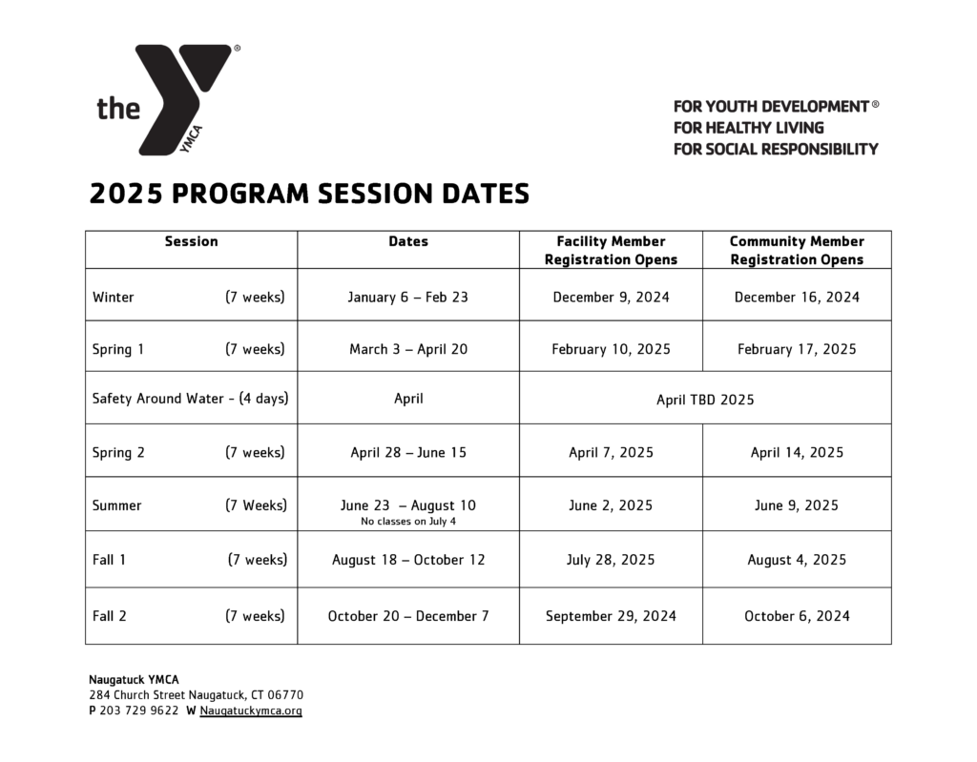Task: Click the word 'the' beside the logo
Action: (118, 108)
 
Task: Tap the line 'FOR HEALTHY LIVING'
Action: (748, 128)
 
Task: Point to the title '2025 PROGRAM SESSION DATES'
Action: (309, 195)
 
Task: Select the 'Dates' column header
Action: (408, 242)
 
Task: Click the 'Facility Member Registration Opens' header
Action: (611, 250)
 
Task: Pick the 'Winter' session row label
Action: (114, 297)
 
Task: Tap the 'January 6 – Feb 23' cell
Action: (408, 297)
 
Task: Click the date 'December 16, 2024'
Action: (797, 297)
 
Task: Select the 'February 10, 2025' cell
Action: (611, 349)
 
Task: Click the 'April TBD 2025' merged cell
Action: (705, 400)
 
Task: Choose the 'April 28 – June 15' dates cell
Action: (408, 452)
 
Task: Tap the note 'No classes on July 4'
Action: (408, 521)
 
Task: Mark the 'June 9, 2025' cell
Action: (797, 505)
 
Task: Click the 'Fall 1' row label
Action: (110, 560)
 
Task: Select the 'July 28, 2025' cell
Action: (611, 560)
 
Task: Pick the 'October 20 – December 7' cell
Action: (408, 616)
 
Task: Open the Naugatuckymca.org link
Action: (251, 711)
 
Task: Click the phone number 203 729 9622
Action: (139, 711)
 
